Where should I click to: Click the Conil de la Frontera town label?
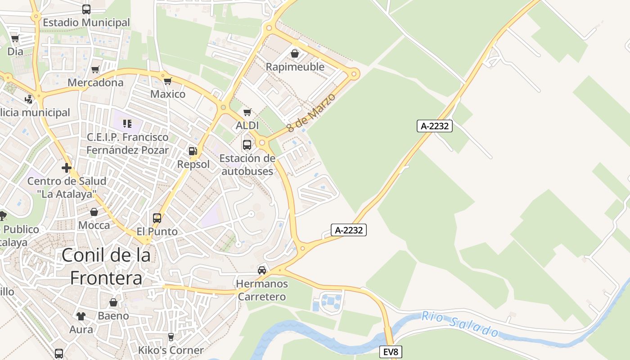106,266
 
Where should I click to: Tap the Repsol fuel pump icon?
193,151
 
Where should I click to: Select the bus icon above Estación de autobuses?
247,145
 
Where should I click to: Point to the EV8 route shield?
390,352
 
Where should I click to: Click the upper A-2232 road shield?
434,126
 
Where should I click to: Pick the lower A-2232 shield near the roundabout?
349,230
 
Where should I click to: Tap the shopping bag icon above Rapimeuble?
295,54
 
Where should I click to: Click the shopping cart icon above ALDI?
247,112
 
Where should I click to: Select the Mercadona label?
95,83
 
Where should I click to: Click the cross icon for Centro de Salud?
67,168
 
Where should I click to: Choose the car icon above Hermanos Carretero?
262,270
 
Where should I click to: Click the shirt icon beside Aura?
81,316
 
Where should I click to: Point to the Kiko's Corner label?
171,350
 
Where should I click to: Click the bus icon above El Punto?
157,218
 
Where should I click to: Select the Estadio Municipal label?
86,22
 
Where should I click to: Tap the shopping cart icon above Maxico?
168,81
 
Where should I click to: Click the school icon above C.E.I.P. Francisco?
127,123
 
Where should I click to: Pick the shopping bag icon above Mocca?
94,212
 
